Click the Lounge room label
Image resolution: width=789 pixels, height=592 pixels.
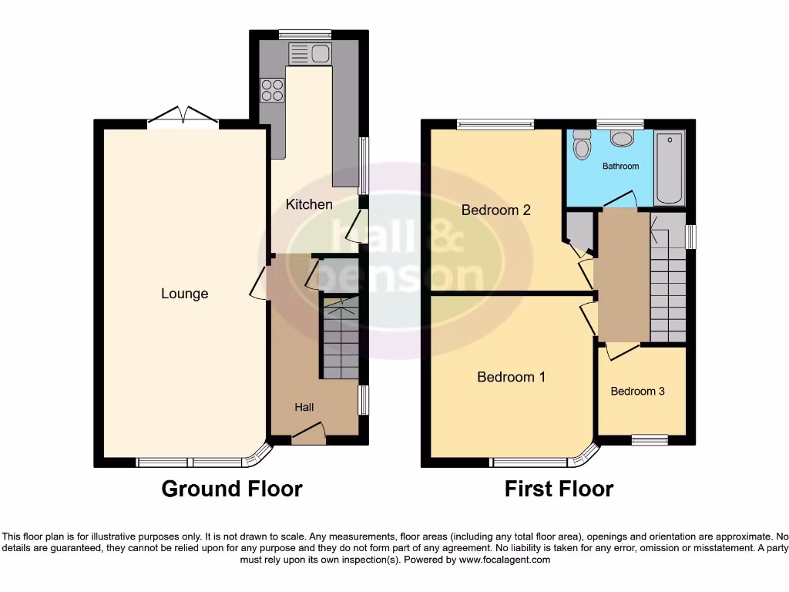[x=185, y=294]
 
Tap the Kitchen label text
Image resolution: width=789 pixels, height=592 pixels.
[x=309, y=204]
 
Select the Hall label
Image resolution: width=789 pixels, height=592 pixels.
[x=304, y=407]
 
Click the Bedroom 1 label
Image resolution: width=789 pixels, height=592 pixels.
[x=511, y=377]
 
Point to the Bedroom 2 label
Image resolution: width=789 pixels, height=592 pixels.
[x=496, y=210]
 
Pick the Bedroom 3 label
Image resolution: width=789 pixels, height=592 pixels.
[x=637, y=391]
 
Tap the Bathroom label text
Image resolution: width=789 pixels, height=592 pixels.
[x=620, y=166]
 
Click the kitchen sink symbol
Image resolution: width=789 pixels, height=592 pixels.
[x=309, y=53]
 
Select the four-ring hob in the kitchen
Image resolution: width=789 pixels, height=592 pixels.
[x=272, y=91]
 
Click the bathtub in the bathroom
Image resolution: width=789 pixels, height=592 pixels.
[x=669, y=167]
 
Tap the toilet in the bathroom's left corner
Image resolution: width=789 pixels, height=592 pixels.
[x=582, y=145]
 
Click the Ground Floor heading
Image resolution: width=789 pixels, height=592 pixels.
[x=231, y=489]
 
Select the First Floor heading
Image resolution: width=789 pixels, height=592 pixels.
[x=559, y=489]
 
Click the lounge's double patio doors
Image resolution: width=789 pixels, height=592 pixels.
[x=183, y=117]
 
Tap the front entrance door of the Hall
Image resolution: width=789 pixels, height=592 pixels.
[x=309, y=439]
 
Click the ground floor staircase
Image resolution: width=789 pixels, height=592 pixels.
[x=340, y=339]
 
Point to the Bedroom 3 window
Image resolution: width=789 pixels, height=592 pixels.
[x=650, y=440]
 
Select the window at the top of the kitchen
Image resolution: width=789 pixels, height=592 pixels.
[x=304, y=33]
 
